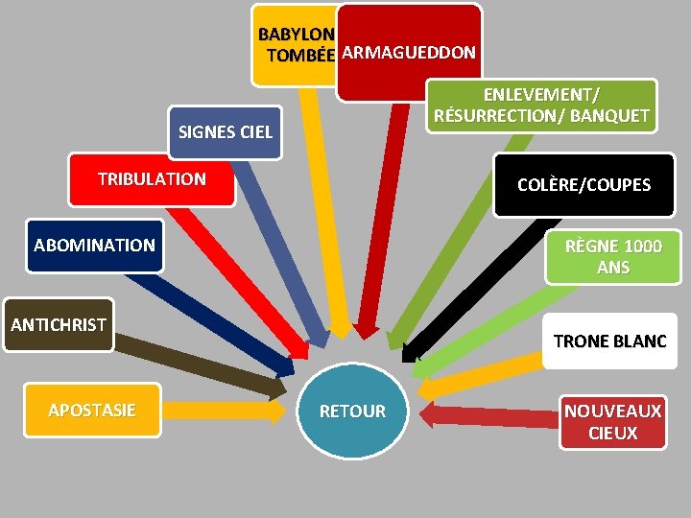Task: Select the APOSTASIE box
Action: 92,411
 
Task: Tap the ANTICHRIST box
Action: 59,325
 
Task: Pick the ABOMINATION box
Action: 94,246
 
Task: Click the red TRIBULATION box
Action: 152,179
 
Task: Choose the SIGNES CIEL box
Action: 226,132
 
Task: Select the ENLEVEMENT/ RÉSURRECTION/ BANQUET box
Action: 541,106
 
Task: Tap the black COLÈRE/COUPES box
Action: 584,184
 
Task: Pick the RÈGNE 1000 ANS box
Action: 613,257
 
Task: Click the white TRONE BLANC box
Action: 609,341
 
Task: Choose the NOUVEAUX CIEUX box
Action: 612,422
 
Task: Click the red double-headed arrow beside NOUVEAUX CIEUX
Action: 489,415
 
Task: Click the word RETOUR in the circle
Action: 352,412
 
